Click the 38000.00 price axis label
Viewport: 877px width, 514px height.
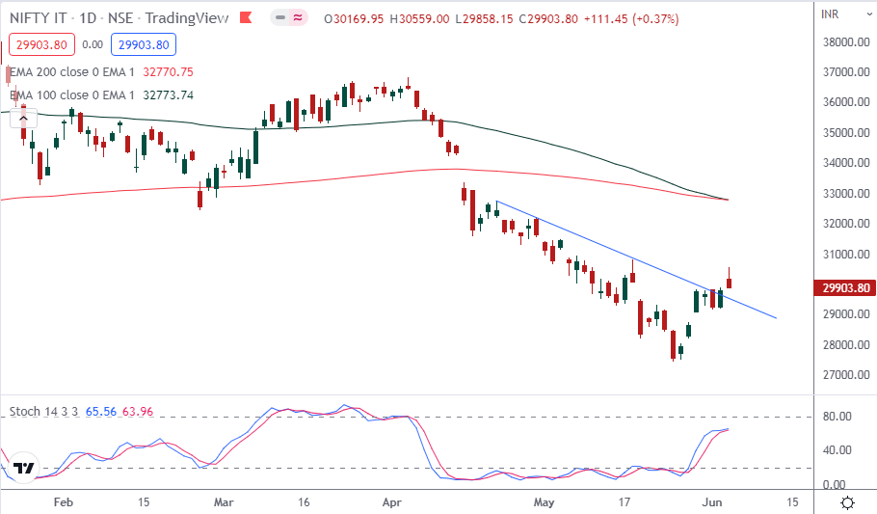(844, 42)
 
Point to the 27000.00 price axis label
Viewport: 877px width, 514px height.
(844, 375)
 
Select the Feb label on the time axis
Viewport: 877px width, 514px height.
(64, 502)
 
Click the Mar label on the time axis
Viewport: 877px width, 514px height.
(224, 502)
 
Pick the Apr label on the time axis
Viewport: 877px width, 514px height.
(391, 502)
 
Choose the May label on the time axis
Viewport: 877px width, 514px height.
(545, 502)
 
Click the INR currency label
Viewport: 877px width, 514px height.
(831, 14)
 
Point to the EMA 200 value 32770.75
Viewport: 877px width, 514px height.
(168, 71)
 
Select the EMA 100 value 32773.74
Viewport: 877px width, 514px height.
(168, 95)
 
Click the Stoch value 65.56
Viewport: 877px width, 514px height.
(100, 412)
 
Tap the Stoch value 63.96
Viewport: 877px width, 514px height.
(137, 412)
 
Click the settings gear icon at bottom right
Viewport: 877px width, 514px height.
(847, 502)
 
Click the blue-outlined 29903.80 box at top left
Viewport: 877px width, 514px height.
(142, 44)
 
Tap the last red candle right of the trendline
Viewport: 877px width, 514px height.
(730, 281)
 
